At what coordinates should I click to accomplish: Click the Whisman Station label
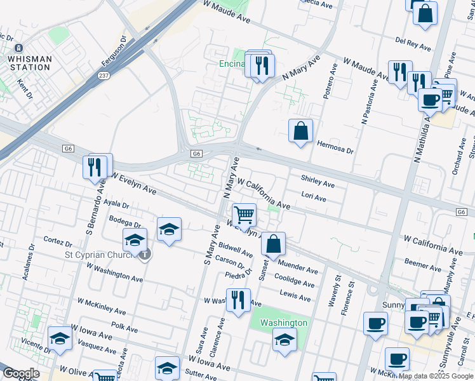(x=29, y=63)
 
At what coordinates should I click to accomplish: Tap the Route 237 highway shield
(x=104, y=75)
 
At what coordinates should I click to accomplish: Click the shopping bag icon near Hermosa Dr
(x=301, y=131)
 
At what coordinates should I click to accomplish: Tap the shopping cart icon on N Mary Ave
(x=244, y=215)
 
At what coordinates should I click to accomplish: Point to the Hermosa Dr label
(x=335, y=148)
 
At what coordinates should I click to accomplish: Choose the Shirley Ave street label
(x=318, y=183)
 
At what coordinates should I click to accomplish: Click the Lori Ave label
(x=314, y=198)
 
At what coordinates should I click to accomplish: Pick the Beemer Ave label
(x=418, y=262)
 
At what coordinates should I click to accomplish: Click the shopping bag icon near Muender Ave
(x=273, y=244)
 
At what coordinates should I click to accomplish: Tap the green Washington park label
(x=284, y=323)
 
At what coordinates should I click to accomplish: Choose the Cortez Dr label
(x=58, y=242)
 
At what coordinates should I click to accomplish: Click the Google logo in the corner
(x=21, y=373)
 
